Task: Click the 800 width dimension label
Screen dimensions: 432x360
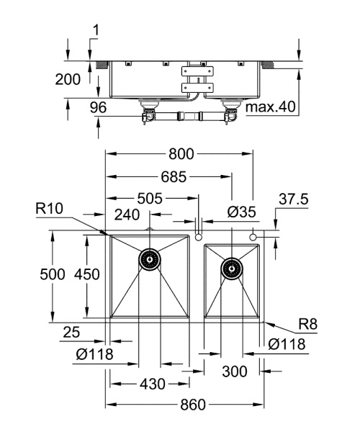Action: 180,153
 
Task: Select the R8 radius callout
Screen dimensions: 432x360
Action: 308,325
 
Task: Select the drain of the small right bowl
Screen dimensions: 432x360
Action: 232,269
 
